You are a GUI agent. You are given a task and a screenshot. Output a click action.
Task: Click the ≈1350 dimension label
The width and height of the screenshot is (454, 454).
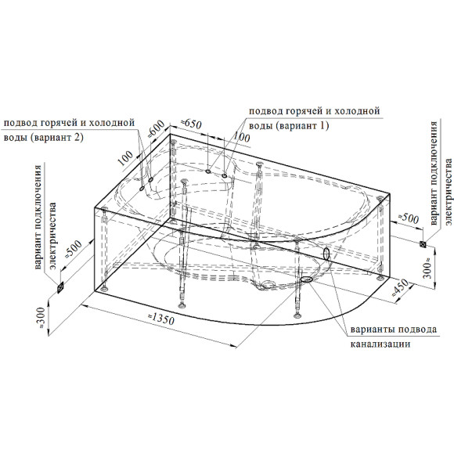click(x=161, y=319)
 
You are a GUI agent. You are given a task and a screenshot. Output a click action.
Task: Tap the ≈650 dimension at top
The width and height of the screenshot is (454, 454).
click(x=191, y=124)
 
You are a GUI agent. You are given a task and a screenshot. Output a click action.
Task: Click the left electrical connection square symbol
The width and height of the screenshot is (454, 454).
click(x=60, y=288)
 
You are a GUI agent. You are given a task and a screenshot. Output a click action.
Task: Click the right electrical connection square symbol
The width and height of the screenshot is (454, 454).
click(x=423, y=244)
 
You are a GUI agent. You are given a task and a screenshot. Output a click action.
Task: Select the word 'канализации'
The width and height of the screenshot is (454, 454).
click(x=380, y=344)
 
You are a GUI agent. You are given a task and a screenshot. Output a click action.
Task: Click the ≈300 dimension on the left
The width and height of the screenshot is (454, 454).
click(x=41, y=317)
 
